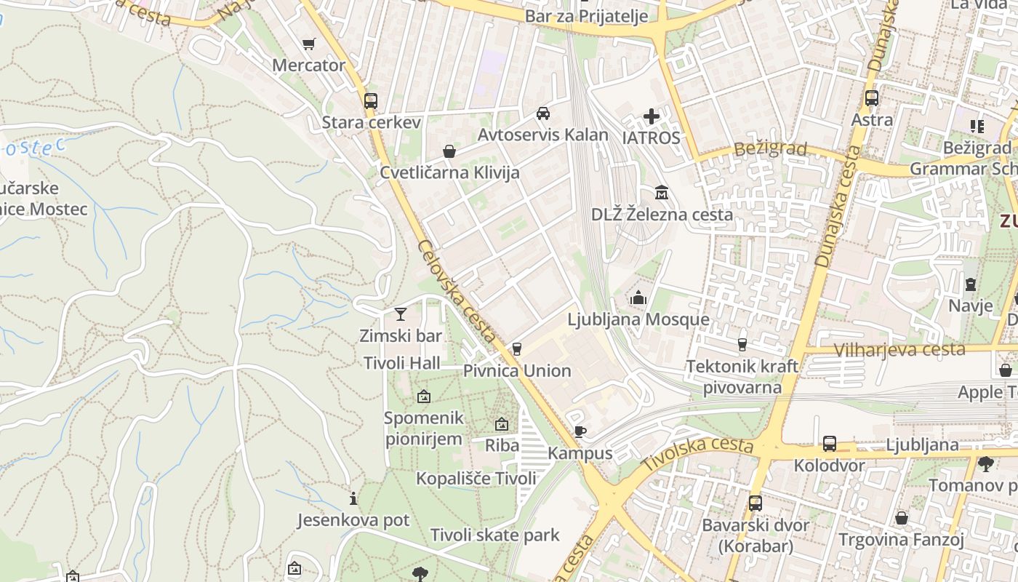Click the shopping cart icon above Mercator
[308, 44]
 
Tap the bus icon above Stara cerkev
[371, 100]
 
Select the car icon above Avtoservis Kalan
[542, 113]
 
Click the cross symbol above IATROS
[652, 116]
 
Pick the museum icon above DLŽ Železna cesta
[662, 193]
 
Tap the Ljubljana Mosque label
[638, 319]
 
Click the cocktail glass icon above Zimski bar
[400, 314]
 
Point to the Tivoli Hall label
[402, 362]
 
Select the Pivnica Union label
[517, 371]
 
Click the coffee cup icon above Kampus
[580, 432]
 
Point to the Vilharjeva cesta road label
[899, 350]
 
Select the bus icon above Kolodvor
[829, 444]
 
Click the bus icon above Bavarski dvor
[756, 503]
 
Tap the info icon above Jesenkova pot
[353, 498]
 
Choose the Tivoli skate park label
[494, 535]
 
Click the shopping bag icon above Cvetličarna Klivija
[449, 151]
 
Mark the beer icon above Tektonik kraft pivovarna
[742, 344]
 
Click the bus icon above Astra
[871, 97]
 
